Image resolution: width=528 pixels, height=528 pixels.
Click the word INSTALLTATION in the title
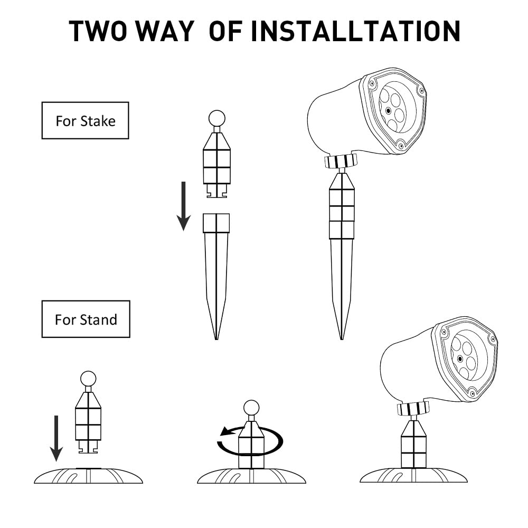(355, 31)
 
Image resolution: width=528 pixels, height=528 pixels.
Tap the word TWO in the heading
(98, 31)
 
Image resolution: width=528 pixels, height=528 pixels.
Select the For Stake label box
(85, 120)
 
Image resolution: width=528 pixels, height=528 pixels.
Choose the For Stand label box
(86, 319)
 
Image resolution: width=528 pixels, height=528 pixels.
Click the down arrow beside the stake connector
(184, 206)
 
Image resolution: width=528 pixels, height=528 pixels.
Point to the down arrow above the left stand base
(56, 438)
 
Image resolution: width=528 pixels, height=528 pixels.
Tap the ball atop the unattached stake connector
(217, 118)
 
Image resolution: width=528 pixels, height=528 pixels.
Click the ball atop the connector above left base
(88, 379)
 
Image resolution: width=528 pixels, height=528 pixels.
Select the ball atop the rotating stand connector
(251, 408)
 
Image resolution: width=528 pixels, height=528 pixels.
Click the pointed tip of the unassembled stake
(216, 339)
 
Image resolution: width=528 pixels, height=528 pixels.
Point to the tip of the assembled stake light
(342, 339)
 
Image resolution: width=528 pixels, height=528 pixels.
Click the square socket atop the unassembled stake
(216, 223)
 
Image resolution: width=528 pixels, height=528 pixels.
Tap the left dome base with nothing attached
(89, 476)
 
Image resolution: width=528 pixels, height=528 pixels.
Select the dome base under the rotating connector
(251, 476)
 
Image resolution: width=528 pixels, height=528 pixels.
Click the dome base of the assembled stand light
(414, 475)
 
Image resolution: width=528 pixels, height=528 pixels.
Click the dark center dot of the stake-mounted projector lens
(389, 110)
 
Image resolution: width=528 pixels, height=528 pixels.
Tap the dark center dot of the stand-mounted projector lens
(460, 359)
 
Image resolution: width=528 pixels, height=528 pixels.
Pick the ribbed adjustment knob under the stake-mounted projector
(341, 161)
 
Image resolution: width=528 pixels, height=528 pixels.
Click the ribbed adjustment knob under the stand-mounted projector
(413, 409)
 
